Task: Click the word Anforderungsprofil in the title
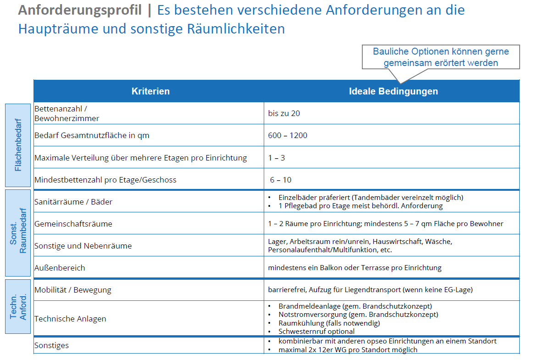coord(80,10)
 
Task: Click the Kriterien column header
coord(150,91)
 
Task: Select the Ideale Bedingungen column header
coord(393,91)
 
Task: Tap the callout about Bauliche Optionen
coord(440,57)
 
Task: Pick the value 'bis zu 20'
coord(284,113)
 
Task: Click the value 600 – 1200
coord(288,135)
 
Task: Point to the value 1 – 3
coord(277,158)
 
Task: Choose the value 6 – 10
coord(280,180)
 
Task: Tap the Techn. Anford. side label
coord(18,306)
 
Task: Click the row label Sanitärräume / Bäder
coord(73,202)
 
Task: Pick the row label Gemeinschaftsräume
coord(73,224)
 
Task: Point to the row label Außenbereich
coord(60,268)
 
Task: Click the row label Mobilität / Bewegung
coord(73,290)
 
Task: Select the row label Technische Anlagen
coord(70,319)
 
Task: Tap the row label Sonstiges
coord(51,345)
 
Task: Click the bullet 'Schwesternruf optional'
coord(316,331)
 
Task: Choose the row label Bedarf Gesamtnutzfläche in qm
coord(92,136)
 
